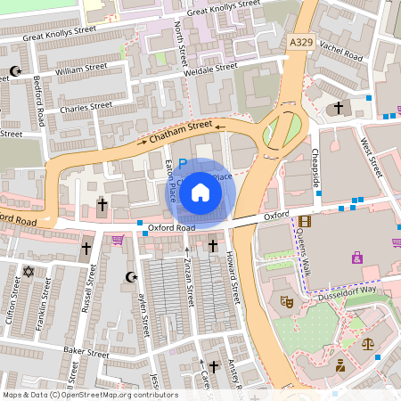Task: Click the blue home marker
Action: tap(200, 192)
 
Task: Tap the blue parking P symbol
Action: tap(183, 164)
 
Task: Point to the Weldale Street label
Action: tap(210, 66)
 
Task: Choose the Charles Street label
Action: tap(86, 107)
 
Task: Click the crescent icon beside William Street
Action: tap(14, 70)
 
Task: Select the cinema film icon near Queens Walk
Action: tap(306, 221)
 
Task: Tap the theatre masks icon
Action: tap(288, 302)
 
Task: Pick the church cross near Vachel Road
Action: tap(339, 108)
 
